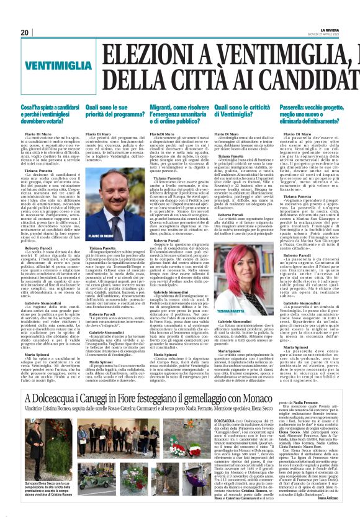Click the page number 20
[x=25, y=32]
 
